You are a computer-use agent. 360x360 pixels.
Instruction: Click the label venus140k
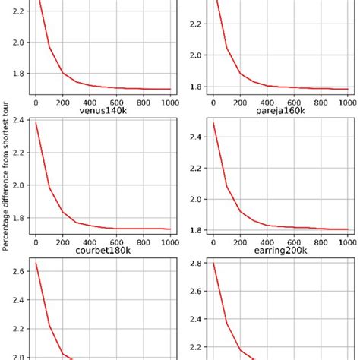coord(100,111)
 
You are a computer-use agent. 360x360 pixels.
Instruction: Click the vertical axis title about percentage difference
coord(5,178)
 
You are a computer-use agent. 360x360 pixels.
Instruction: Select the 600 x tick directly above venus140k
coord(116,101)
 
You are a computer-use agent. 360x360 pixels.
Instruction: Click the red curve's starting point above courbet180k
coord(36,123)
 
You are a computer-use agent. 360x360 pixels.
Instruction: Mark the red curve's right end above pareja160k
coord(347,89)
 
